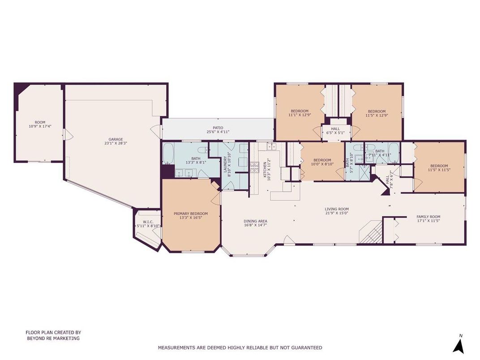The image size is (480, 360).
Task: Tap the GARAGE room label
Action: pyautogui.click(x=113, y=141)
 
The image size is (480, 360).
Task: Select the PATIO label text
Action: pyautogui.click(x=218, y=130)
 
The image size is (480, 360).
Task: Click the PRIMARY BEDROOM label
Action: pyautogui.click(x=191, y=216)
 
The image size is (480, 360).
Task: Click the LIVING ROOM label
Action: pyautogui.click(x=337, y=211)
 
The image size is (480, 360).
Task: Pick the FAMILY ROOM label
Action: pyautogui.click(x=429, y=219)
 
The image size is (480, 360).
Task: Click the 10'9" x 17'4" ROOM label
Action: pyautogui.click(x=40, y=124)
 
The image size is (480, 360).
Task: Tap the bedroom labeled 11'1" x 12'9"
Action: pyautogui.click(x=300, y=113)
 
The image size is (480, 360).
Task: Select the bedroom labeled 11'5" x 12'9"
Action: pyautogui.click(x=377, y=113)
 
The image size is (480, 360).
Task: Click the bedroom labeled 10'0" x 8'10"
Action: pyautogui.click(x=322, y=163)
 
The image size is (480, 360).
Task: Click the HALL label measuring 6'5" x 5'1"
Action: pyautogui.click(x=335, y=130)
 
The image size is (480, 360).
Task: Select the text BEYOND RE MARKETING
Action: pyautogui.click(x=53, y=339)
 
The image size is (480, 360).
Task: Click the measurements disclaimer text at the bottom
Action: pyautogui.click(x=240, y=347)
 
